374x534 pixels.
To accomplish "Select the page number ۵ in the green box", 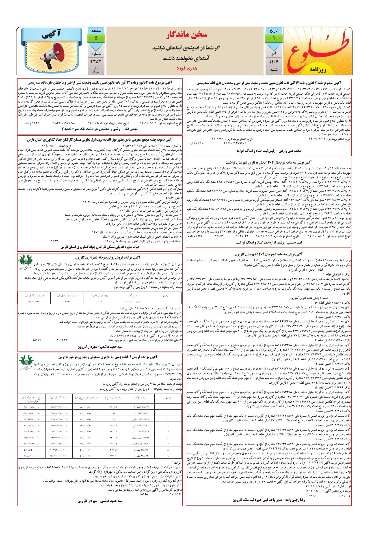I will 96,38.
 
